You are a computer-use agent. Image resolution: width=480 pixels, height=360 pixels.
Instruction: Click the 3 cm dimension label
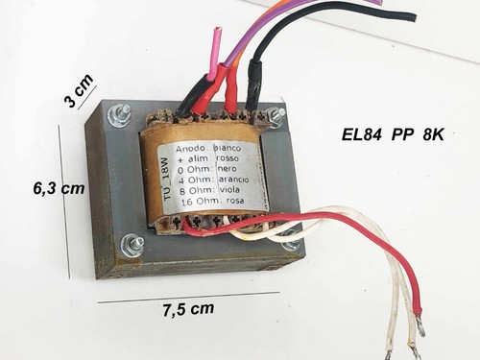coord(79,90)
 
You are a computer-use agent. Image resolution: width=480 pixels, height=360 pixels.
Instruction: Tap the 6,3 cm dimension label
coord(59,188)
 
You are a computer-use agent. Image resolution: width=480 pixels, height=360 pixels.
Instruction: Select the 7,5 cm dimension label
coord(188,309)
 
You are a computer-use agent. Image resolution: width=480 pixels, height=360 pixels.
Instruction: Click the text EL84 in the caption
coord(362,135)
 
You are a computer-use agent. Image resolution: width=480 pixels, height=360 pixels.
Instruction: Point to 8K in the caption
coord(433,135)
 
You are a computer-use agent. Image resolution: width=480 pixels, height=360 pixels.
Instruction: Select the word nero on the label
coord(228,169)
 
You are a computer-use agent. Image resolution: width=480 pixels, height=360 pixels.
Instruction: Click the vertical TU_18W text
coord(168,179)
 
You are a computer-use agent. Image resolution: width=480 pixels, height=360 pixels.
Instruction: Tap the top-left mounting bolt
coord(119,114)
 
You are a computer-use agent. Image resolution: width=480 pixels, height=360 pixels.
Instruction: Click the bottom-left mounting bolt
coord(132,244)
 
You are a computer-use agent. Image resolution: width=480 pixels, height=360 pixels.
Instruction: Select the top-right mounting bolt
coord(276,115)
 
